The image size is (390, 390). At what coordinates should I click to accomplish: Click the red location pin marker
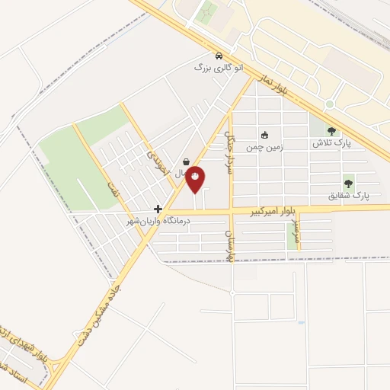click(x=196, y=178)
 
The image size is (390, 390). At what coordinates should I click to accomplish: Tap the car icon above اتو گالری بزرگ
click(x=219, y=56)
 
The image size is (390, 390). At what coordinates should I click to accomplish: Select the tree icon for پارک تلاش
click(x=331, y=131)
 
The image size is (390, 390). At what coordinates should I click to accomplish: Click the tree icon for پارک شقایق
click(x=348, y=183)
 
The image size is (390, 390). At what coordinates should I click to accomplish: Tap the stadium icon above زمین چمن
click(x=264, y=135)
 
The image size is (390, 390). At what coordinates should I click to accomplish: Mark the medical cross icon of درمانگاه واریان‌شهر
click(x=158, y=209)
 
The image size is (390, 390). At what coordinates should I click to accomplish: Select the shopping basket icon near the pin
click(x=187, y=161)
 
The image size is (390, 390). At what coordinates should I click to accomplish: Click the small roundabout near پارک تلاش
click(x=329, y=104)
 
